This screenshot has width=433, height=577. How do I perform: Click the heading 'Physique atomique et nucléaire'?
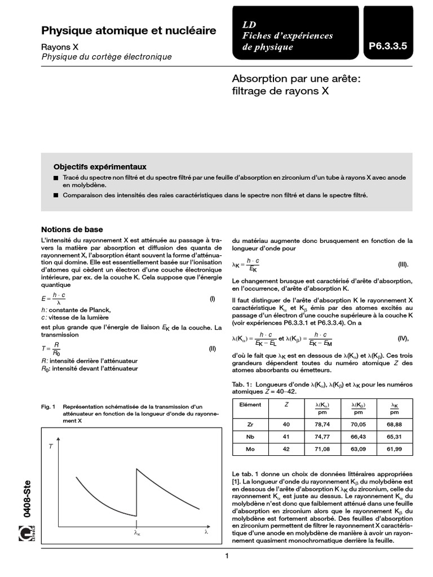pyautogui.click(x=129, y=31)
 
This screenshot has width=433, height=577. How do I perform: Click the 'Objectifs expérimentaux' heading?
pyautogui.click(x=100, y=167)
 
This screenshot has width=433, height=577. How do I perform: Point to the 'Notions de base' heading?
pyautogui.click(x=72, y=229)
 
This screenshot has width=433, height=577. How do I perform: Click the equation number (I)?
pyautogui.click(x=212, y=299)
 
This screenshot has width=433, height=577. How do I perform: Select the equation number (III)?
pyautogui.click(x=402, y=264)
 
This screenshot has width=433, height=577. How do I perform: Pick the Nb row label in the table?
pyautogui.click(x=251, y=437)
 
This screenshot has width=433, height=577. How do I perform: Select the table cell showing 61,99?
pyautogui.click(x=394, y=449)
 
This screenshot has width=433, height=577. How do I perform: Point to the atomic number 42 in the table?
pyautogui.click(x=286, y=449)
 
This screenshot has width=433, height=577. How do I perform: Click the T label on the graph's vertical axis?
pyautogui.click(x=51, y=446)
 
